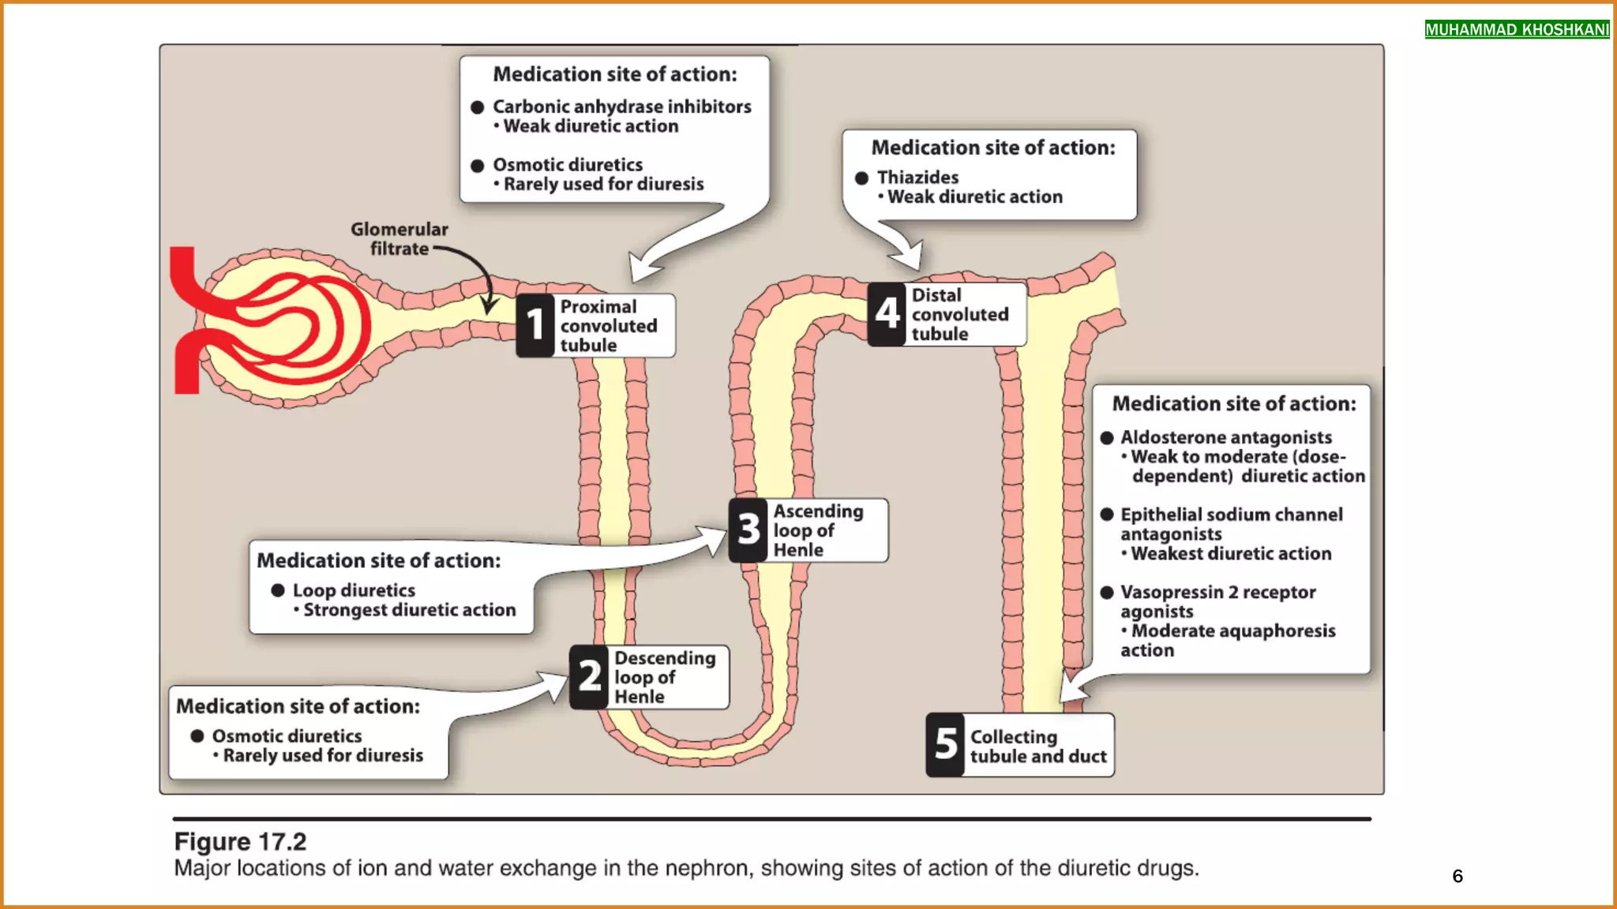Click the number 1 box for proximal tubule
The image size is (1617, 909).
[535, 325]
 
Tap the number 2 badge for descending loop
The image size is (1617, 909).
[589, 676]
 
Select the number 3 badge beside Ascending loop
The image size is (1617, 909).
[748, 529]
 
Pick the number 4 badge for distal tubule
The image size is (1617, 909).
[887, 313]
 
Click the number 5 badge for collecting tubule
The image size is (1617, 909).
[945, 744]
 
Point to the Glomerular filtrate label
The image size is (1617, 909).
[399, 238]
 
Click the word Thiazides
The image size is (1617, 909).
[917, 178]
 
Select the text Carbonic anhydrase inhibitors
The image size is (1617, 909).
[621, 107]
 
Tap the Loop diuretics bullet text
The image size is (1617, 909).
[353, 590]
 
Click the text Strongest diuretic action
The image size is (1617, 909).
[409, 610]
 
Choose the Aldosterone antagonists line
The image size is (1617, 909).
[1225, 437]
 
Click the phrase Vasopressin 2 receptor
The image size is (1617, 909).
[1217, 592]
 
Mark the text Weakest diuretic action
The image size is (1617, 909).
[1230, 554]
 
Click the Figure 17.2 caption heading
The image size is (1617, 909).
[240, 841]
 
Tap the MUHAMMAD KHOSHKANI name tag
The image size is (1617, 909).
[1517, 30]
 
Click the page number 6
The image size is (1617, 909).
[1458, 876]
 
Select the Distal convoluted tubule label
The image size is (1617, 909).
[959, 314]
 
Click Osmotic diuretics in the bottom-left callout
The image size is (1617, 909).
[287, 736]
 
